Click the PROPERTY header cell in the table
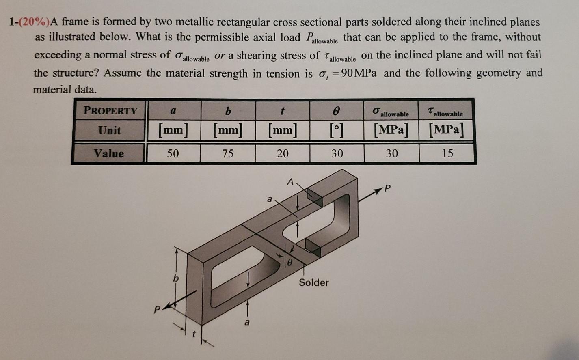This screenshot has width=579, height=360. pyautogui.click(x=110, y=110)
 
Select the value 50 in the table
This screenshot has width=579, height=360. pyautogui.click(x=173, y=153)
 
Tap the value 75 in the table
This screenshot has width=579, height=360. pyautogui.click(x=228, y=153)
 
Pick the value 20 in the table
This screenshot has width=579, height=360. pyautogui.click(x=283, y=153)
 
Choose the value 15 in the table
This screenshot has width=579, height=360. pyautogui.click(x=447, y=153)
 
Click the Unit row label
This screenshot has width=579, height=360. pyautogui.click(x=110, y=131)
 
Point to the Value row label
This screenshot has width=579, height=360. pyautogui.click(x=109, y=153)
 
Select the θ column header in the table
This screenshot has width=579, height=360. pyautogui.click(x=337, y=110)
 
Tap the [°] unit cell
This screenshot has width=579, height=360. pyautogui.click(x=337, y=131)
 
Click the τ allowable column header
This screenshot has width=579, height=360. pyautogui.click(x=445, y=112)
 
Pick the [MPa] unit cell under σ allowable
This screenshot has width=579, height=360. pyautogui.click(x=391, y=131)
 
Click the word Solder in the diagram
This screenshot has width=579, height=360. pyautogui.click(x=314, y=282)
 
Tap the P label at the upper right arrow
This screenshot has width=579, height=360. pyautogui.click(x=387, y=188)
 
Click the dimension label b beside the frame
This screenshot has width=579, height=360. pyautogui.click(x=176, y=279)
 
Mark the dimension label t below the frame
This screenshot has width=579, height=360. pyautogui.click(x=194, y=335)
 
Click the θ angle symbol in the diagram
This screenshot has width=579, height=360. pyautogui.click(x=290, y=263)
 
